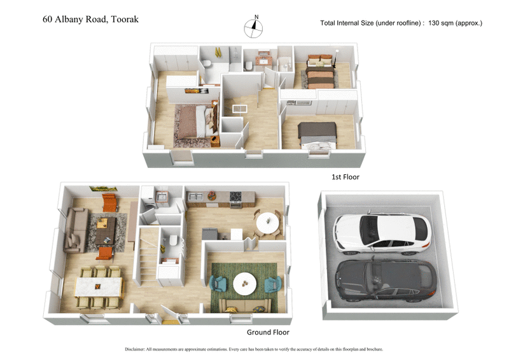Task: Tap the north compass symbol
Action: (x=254, y=27)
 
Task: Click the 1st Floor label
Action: (x=346, y=177)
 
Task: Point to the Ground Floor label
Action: (x=268, y=332)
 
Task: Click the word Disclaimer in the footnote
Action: (x=137, y=349)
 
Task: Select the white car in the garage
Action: (x=382, y=232)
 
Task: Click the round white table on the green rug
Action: (x=245, y=283)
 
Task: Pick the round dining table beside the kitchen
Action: (x=268, y=223)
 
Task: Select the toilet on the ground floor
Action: (x=172, y=241)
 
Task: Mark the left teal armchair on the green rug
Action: (x=217, y=283)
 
